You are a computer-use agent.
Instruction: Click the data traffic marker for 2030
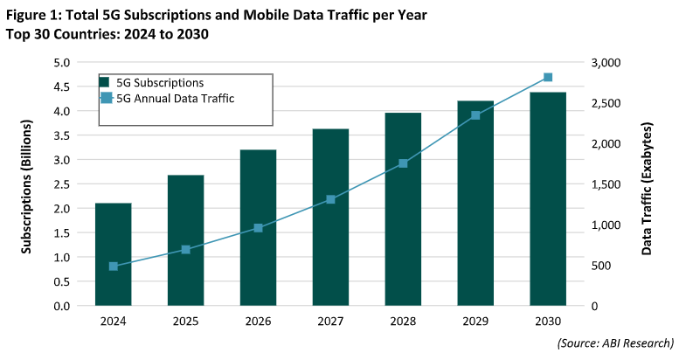[548, 78]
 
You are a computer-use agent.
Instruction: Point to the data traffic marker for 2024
[114, 267]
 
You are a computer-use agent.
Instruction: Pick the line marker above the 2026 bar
[258, 228]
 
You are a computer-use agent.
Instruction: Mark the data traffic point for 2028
[403, 163]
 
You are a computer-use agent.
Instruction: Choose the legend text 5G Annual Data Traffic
[176, 98]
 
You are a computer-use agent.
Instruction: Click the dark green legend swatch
[105, 83]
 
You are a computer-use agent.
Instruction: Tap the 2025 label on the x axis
[185, 321]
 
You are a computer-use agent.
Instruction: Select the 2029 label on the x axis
[475, 321]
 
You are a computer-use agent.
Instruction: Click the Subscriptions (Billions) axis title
[27, 183]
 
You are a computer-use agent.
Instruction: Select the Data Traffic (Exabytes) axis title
[648, 183]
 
